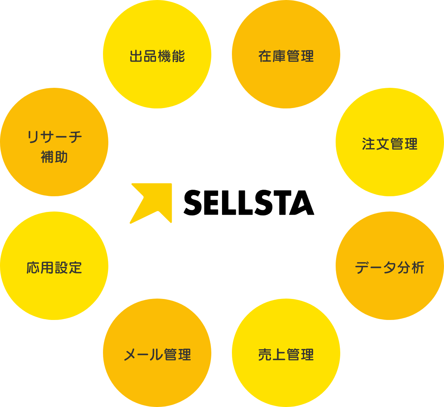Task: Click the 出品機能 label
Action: point(157,57)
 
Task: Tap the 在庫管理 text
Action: point(286,57)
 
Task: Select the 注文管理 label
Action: point(390,144)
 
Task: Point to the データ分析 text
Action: point(389,268)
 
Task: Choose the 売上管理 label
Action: point(286,355)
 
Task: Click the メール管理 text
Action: point(157,355)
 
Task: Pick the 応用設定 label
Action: point(54,268)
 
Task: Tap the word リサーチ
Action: point(54,137)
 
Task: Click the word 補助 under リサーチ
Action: point(54,157)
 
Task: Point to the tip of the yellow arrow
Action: point(171,185)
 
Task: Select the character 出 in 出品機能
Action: point(136,57)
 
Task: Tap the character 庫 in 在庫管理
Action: point(279,57)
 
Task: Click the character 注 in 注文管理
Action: point(369,144)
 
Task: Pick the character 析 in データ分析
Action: point(418,268)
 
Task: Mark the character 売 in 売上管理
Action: point(265,355)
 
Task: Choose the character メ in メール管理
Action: point(130,355)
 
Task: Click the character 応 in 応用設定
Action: point(33,268)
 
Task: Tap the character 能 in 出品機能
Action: point(178,57)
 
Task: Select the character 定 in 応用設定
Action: point(76,268)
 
